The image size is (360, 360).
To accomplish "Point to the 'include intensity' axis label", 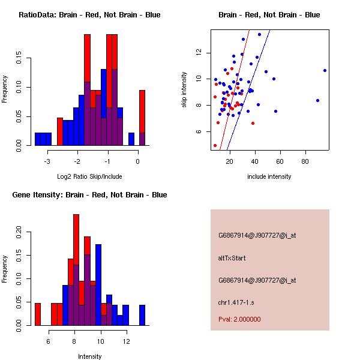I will [x=269, y=176].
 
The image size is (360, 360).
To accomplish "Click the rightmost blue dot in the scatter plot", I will [x=325, y=70].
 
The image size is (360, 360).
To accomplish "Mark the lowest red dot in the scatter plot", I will [x=215, y=145].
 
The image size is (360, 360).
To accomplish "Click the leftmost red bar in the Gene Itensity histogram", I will [x=38, y=314].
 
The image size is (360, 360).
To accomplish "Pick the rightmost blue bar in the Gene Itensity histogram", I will [x=142, y=314].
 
